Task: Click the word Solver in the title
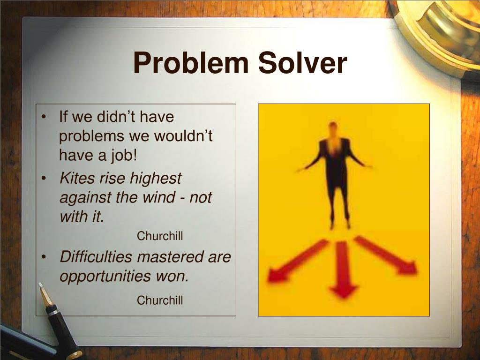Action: [x=302, y=63]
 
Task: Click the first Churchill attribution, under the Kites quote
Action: [x=160, y=236]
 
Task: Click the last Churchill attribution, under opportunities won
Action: [x=160, y=300]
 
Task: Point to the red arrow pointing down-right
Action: [x=387, y=255]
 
